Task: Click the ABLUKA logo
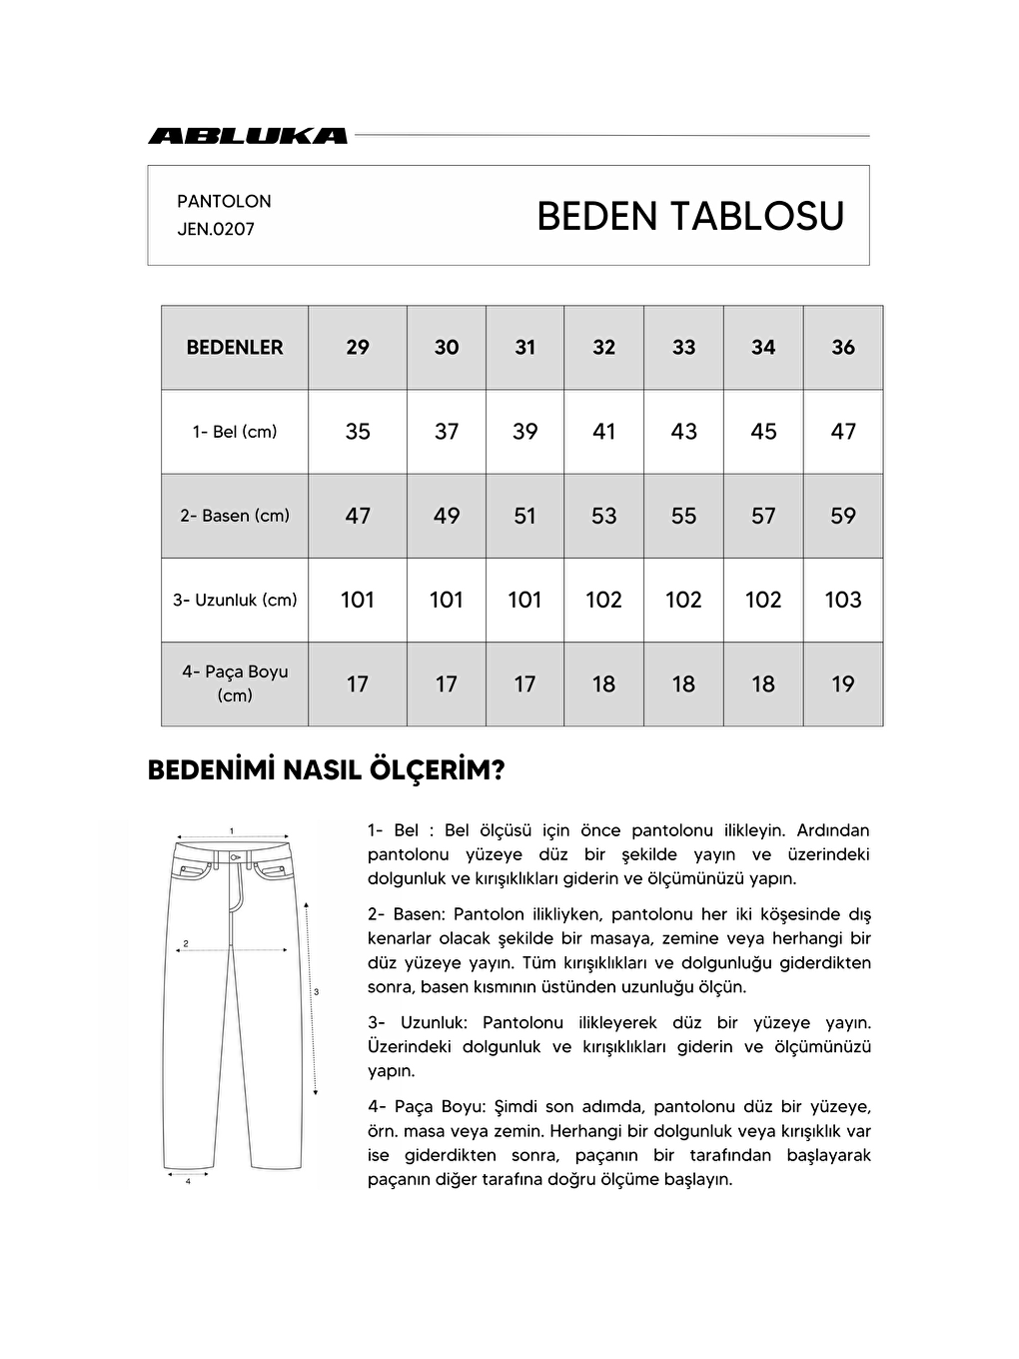pyautogui.click(x=248, y=136)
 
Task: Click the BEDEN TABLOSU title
pyautogui.click(x=689, y=216)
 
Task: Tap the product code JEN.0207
pyautogui.click(x=216, y=229)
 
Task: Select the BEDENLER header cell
pyautogui.click(x=235, y=348)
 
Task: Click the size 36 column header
pyautogui.click(x=842, y=348)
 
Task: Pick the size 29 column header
pyautogui.click(x=357, y=348)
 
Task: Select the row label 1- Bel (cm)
pyautogui.click(x=235, y=432)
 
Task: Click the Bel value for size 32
pyautogui.click(x=603, y=432)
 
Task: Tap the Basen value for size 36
pyautogui.click(x=842, y=516)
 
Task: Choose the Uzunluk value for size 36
pyautogui.click(x=842, y=600)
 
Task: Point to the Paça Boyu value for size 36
pyautogui.click(x=842, y=684)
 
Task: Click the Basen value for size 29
pyautogui.click(x=357, y=516)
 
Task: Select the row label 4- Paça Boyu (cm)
pyautogui.click(x=235, y=683)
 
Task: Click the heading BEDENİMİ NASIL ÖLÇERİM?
pyautogui.click(x=326, y=770)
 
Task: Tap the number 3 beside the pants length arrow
pyautogui.click(x=316, y=992)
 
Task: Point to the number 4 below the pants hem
pyautogui.click(x=188, y=1181)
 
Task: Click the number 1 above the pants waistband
pyautogui.click(x=232, y=830)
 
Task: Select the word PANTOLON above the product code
pyautogui.click(x=224, y=201)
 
